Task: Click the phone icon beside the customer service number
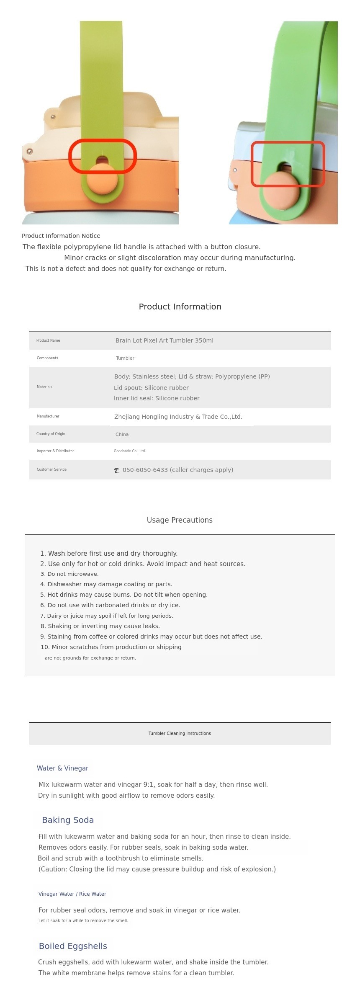[116, 470]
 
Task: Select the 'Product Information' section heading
[180, 307]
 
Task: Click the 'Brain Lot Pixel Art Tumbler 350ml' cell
[164, 340]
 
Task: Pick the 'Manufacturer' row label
[48, 416]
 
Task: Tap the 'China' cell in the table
[122, 434]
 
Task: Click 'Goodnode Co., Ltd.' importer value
[130, 451]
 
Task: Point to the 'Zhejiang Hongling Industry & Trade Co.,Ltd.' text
[178, 417]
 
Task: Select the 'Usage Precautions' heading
[180, 520]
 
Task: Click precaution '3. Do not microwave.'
[69, 574]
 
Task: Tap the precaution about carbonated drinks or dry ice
[110, 605]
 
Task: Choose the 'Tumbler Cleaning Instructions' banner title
[180, 733]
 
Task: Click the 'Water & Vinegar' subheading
[62, 768]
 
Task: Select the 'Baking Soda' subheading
[68, 820]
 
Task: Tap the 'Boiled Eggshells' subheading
[73, 946]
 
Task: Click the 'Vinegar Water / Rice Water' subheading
[72, 894]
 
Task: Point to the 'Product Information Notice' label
[61, 236]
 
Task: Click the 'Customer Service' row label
[51, 469]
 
